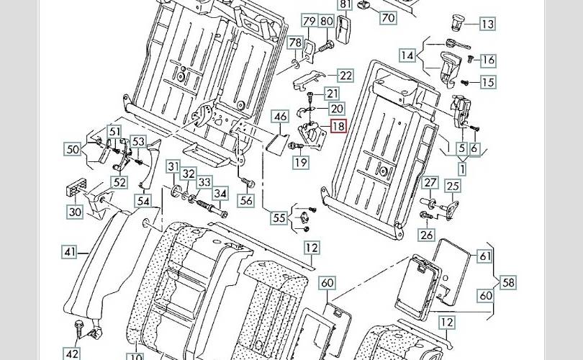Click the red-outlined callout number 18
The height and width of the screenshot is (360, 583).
click(x=338, y=127)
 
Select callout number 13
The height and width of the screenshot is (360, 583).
click(x=487, y=24)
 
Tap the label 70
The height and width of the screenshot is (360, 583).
click(x=388, y=17)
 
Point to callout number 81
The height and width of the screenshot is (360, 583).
click(x=345, y=5)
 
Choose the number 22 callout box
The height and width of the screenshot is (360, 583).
click(x=345, y=76)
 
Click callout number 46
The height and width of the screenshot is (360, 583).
click(x=280, y=116)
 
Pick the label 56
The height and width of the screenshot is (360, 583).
click(x=246, y=201)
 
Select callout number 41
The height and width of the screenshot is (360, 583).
click(x=69, y=252)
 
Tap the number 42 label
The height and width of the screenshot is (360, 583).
click(x=72, y=354)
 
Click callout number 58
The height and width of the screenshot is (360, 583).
click(x=508, y=282)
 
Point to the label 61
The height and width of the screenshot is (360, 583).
click(x=485, y=256)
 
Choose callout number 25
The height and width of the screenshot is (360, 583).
click(x=452, y=187)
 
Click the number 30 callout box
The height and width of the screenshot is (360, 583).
click(x=76, y=212)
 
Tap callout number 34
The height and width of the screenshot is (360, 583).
click(x=220, y=193)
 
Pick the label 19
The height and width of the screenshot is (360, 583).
click(x=300, y=163)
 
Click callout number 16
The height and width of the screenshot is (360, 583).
click(x=487, y=60)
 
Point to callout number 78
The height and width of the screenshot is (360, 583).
click(x=296, y=43)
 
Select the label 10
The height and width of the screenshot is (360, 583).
click(x=136, y=356)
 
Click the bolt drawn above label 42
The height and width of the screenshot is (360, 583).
click(x=76, y=328)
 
